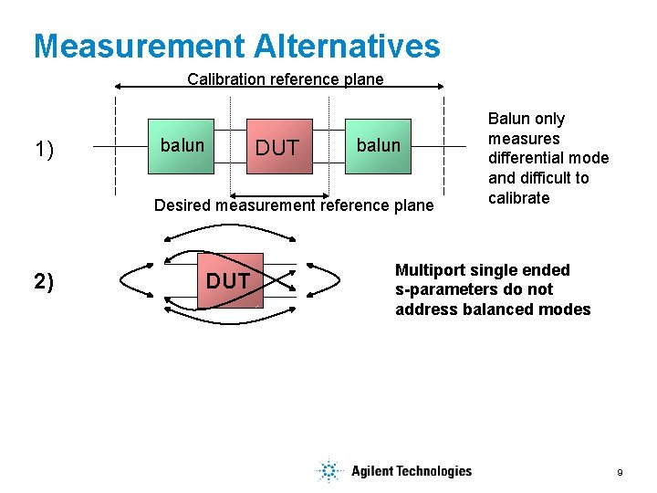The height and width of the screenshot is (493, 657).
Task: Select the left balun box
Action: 182,146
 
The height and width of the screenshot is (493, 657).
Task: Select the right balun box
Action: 378,146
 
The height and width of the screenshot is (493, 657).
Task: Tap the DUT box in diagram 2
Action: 228,281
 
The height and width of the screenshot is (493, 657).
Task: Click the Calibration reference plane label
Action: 285,79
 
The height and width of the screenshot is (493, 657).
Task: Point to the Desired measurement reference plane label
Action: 294,205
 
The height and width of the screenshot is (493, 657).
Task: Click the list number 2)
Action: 44,281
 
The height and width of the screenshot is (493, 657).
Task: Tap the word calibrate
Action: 519,198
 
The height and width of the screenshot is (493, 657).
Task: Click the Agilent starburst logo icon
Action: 328,471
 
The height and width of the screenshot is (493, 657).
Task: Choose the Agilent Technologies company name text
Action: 412,471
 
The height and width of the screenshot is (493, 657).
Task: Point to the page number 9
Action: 620,473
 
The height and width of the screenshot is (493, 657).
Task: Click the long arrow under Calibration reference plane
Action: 279,88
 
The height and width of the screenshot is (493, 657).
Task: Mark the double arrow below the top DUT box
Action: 277,194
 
